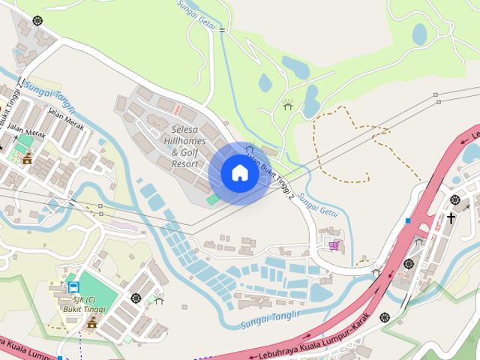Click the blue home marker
tap(239, 173)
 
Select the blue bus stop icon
tap(73, 287)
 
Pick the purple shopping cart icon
tap(333, 245)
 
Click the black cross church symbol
tap(451, 218)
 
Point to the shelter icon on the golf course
tap(287, 105)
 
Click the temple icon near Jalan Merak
tap(28, 157)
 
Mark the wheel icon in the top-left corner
tap(37, 20)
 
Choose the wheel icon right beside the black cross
tap(454, 199)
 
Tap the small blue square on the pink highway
tap(407, 220)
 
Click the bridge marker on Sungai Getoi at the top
tap(221, 31)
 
